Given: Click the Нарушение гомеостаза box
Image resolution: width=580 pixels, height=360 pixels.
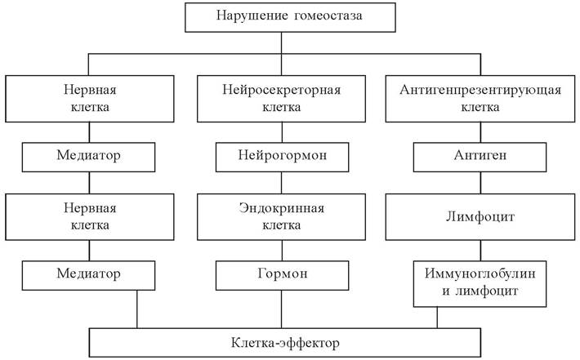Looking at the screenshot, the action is click(x=290, y=17).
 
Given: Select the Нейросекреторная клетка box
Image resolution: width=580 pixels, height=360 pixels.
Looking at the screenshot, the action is click(x=281, y=99).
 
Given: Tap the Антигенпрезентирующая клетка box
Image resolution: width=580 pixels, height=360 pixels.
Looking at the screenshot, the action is click(x=480, y=99).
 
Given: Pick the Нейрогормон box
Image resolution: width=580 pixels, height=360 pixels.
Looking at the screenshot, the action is click(x=282, y=157).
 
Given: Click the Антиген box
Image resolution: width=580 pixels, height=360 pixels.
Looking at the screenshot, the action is click(x=480, y=157).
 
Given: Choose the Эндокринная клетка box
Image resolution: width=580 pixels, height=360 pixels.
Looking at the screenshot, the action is click(x=281, y=217).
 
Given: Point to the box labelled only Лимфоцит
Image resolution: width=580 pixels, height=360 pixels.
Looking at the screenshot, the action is click(x=480, y=217).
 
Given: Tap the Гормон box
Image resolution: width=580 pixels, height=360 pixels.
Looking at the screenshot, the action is click(x=282, y=275).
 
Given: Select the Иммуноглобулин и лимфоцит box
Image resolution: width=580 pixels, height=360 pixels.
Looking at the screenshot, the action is click(x=480, y=284).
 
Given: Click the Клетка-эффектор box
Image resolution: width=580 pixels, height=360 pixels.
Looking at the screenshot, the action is click(x=285, y=343).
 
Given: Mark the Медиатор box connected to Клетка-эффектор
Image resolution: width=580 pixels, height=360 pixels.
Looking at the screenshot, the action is click(x=88, y=275).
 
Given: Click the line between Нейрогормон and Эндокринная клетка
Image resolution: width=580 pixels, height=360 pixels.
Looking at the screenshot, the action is click(x=282, y=183).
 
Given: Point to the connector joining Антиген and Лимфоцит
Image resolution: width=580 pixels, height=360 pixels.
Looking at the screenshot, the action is click(x=480, y=183).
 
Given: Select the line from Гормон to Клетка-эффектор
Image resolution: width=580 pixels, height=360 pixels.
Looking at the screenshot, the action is click(x=282, y=309).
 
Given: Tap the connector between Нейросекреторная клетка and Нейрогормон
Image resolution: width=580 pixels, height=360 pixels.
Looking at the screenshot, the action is click(x=282, y=132).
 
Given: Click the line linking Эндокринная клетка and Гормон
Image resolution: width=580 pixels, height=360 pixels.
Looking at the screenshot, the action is click(x=282, y=251).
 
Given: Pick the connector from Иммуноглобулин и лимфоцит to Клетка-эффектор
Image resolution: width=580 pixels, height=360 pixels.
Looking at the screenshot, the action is click(x=437, y=318).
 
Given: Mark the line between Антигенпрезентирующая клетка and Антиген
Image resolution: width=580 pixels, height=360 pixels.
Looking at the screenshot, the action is click(x=480, y=132).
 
